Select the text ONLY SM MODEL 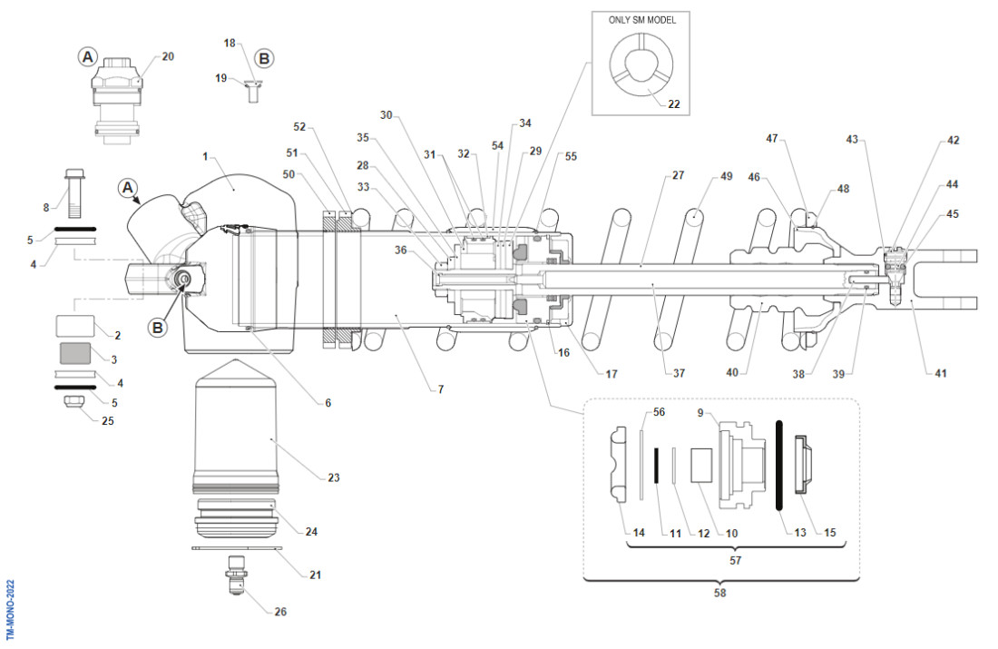pos(641,19)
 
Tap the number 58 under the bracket pos(720,593)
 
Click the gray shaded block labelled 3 pos(75,353)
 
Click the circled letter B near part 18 pos(264,57)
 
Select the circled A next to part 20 pos(88,56)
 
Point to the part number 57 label pos(736,561)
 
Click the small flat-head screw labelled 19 pos(253,90)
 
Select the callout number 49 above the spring pos(726,176)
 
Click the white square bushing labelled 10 pos(701,464)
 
